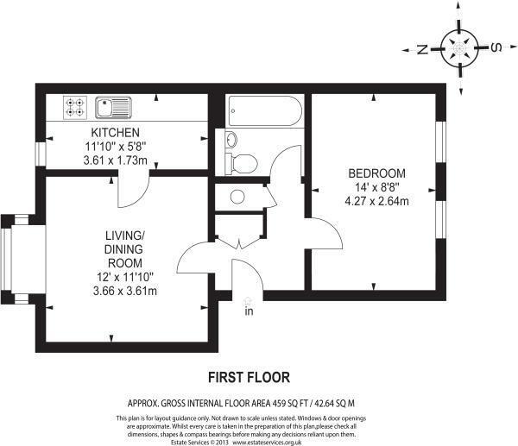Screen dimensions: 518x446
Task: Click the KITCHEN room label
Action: [116, 133]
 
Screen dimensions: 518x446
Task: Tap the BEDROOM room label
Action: [377, 173]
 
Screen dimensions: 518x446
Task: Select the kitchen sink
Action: [114, 107]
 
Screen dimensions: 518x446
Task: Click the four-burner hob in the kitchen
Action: [75, 107]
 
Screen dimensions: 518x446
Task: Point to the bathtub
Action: [265, 111]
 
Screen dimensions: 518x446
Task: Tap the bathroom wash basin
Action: [231, 139]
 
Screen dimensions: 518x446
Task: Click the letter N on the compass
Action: [422, 49]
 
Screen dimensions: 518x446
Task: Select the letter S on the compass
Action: [496, 47]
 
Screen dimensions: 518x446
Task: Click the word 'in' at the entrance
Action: [249, 311]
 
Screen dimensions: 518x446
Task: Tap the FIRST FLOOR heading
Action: [250, 377]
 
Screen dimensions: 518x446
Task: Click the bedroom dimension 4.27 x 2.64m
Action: [377, 201]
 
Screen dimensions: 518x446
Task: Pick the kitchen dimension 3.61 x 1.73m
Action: [116, 160]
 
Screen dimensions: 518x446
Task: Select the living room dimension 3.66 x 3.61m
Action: [125, 291]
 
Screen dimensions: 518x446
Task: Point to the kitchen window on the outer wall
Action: [41, 154]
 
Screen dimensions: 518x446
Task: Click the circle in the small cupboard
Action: [237, 197]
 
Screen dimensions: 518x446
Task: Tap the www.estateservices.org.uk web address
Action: [267, 443]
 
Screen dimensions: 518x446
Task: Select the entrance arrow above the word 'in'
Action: [248, 301]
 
